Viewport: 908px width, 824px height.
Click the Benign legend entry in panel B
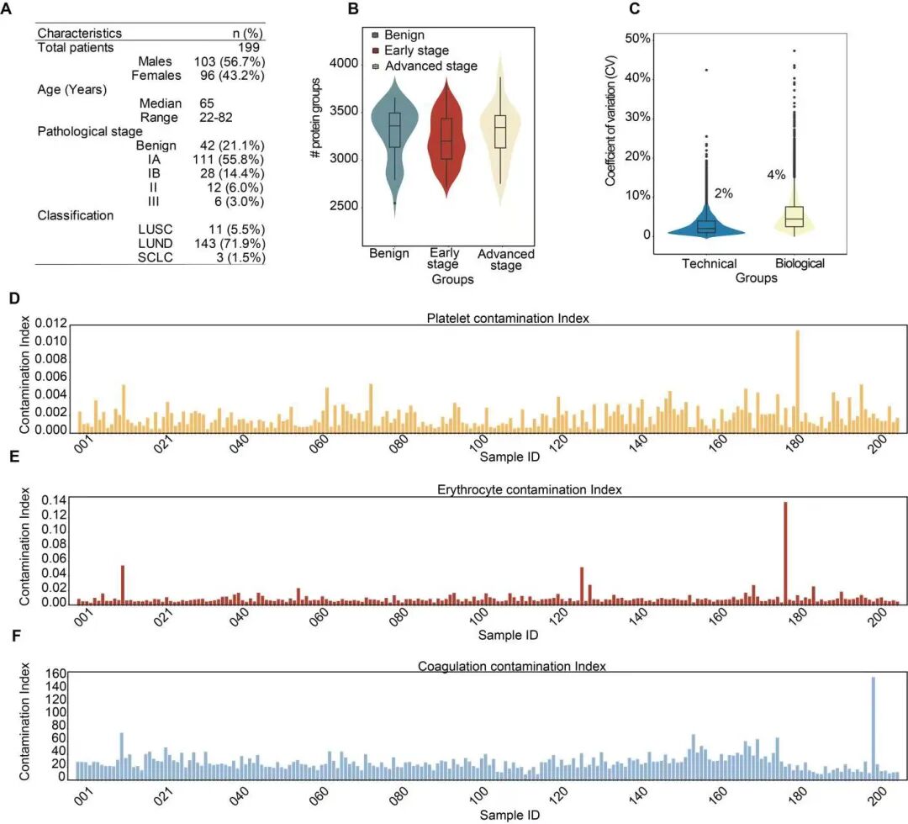pos(403,35)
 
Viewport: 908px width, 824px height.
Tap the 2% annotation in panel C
pos(723,193)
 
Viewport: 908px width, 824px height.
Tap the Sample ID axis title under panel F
pos(511,815)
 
